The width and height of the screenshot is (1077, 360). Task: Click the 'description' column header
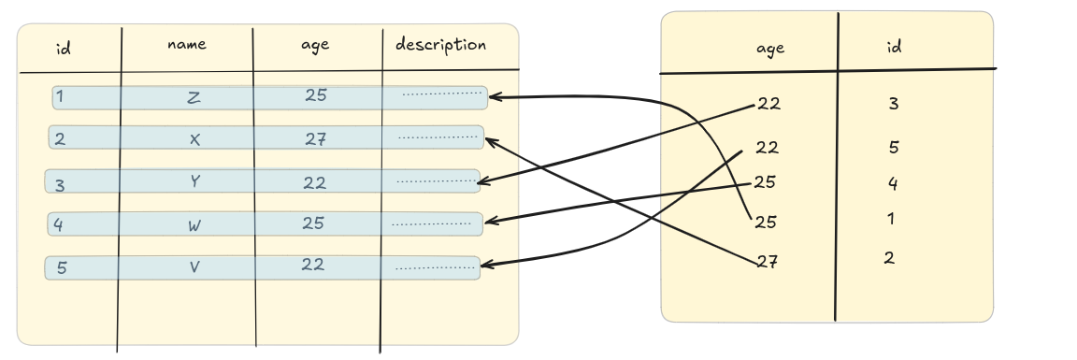(x=440, y=45)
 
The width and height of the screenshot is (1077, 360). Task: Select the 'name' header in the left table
(x=186, y=44)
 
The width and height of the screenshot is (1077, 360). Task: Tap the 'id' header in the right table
(x=894, y=47)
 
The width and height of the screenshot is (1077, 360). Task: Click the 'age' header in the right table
(x=769, y=50)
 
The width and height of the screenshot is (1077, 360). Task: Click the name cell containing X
(x=194, y=139)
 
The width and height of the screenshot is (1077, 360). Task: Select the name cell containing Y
(x=194, y=181)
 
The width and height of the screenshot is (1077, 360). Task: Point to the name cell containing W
(x=194, y=224)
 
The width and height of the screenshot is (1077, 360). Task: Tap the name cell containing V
(x=194, y=266)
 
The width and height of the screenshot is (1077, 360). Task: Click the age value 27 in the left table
(x=315, y=139)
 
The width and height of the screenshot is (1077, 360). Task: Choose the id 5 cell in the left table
(x=62, y=268)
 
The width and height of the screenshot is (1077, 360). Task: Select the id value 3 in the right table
(x=893, y=104)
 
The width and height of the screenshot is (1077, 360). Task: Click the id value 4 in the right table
(x=893, y=183)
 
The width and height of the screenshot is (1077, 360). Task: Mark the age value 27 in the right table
(x=767, y=263)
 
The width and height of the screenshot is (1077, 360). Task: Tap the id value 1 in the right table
(x=892, y=220)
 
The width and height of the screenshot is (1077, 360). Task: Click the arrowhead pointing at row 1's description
(x=495, y=96)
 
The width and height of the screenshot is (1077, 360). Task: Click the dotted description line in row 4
(x=431, y=224)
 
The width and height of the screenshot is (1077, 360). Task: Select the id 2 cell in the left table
(x=61, y=140)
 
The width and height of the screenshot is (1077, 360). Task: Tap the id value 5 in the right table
(x=893, y=147)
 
